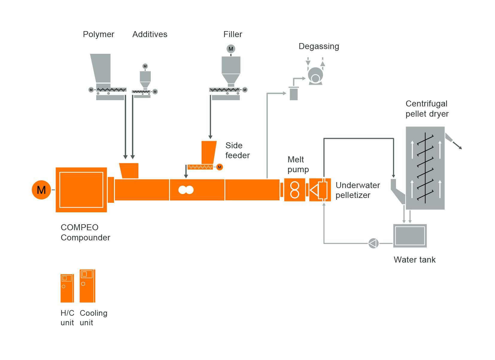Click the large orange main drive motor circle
(41, 190)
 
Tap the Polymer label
(98, 34)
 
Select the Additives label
(150, 34)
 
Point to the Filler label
(233, 34)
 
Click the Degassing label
(319, 46)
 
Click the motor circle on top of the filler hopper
(231, 49)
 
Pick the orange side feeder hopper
(209, 152)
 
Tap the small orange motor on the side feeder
(220, 167)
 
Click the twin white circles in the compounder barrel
(186, 190)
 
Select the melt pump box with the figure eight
(294, 190)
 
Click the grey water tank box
(410, 236)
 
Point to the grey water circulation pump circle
(373, 243)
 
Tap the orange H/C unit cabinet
(67, 288)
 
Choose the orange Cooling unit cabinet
(87, 286)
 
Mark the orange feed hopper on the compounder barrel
(129, 171)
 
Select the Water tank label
(414, 260)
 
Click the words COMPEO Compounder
(85, 232)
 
